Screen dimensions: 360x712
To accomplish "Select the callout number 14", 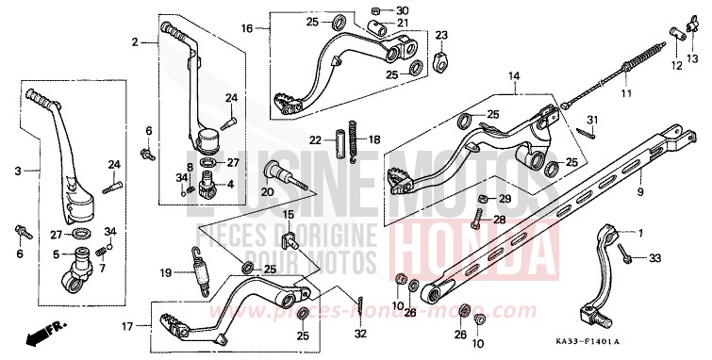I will (x=515, y=75).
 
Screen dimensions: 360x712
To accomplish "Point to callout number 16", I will (x=246, y=29).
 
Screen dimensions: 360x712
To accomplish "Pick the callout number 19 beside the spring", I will (x=166, y=274).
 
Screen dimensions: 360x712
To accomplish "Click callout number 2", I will (x=135, y=41).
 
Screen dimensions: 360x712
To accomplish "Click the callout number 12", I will (x=675, y=66).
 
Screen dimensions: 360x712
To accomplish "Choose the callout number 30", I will (x=404, y=11).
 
